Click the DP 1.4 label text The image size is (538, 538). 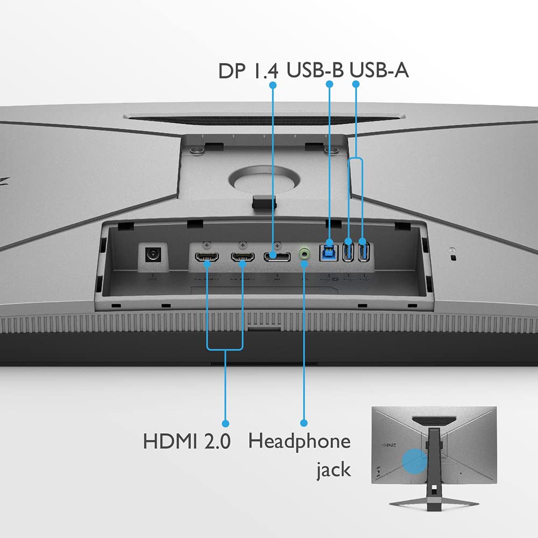point(249,70)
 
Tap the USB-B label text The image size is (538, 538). point(315,69)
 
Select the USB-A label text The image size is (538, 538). point(379,69)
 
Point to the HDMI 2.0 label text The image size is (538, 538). point(187,441)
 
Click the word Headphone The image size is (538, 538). point(300,441)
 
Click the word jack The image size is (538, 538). point(334,469)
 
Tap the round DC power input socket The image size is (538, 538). point(153,254)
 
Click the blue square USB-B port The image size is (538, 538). point(329,253)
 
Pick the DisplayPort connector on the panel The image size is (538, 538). point(277,257)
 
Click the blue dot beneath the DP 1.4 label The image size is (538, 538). point(273,85)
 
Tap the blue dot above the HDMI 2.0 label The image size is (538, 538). point(225,423)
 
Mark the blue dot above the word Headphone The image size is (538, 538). point(303,423)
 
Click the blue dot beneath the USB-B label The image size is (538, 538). point(329,84)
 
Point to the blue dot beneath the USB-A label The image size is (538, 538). point(356,84)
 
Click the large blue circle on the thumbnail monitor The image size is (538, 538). point(415,461)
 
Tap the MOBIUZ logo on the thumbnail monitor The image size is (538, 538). point(388,445)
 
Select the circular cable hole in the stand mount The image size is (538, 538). point(264,179)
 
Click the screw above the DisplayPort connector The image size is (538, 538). point(277,245)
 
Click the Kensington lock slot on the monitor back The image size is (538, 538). point(453,257)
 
